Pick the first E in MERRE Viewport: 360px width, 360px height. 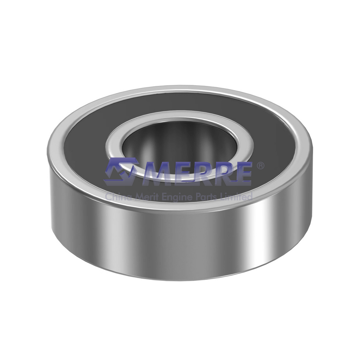[x=182, y=173]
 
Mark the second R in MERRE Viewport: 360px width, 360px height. [x=222, y=173]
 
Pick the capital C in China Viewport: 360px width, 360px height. [x=108, y=196]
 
